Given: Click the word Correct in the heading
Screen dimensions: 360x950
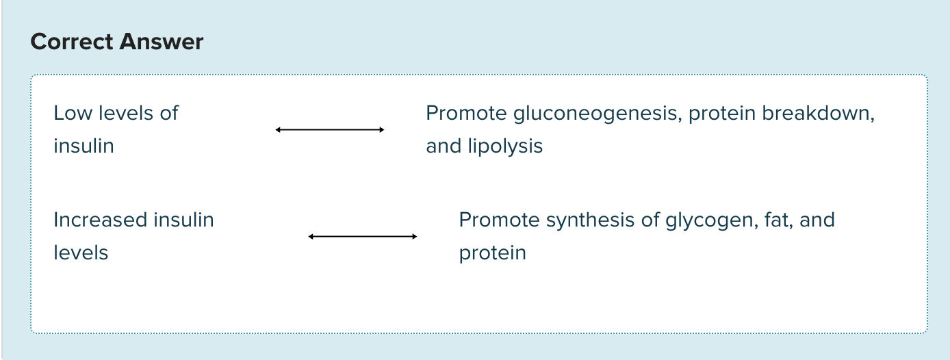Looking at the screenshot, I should pos(72,42).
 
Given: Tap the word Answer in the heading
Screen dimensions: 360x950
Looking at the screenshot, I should pos(162,42).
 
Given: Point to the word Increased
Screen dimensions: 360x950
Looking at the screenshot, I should pos(101,220).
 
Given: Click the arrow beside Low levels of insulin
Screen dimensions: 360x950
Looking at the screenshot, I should pos(329,129).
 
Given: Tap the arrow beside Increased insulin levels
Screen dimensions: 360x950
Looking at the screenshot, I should pos(362,236).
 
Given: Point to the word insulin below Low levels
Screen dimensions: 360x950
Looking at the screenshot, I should pos(84,146).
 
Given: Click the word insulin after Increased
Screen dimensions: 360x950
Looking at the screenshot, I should pos(183,220).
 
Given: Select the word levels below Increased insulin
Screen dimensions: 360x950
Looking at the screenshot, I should pos(81,253).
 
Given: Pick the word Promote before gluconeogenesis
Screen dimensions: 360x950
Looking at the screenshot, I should pos(466,113).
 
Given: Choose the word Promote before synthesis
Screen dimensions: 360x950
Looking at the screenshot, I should pos(499,220).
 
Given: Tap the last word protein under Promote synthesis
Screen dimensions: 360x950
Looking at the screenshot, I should pos(492,253).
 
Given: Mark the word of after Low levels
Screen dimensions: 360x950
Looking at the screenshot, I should pos(168,113).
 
